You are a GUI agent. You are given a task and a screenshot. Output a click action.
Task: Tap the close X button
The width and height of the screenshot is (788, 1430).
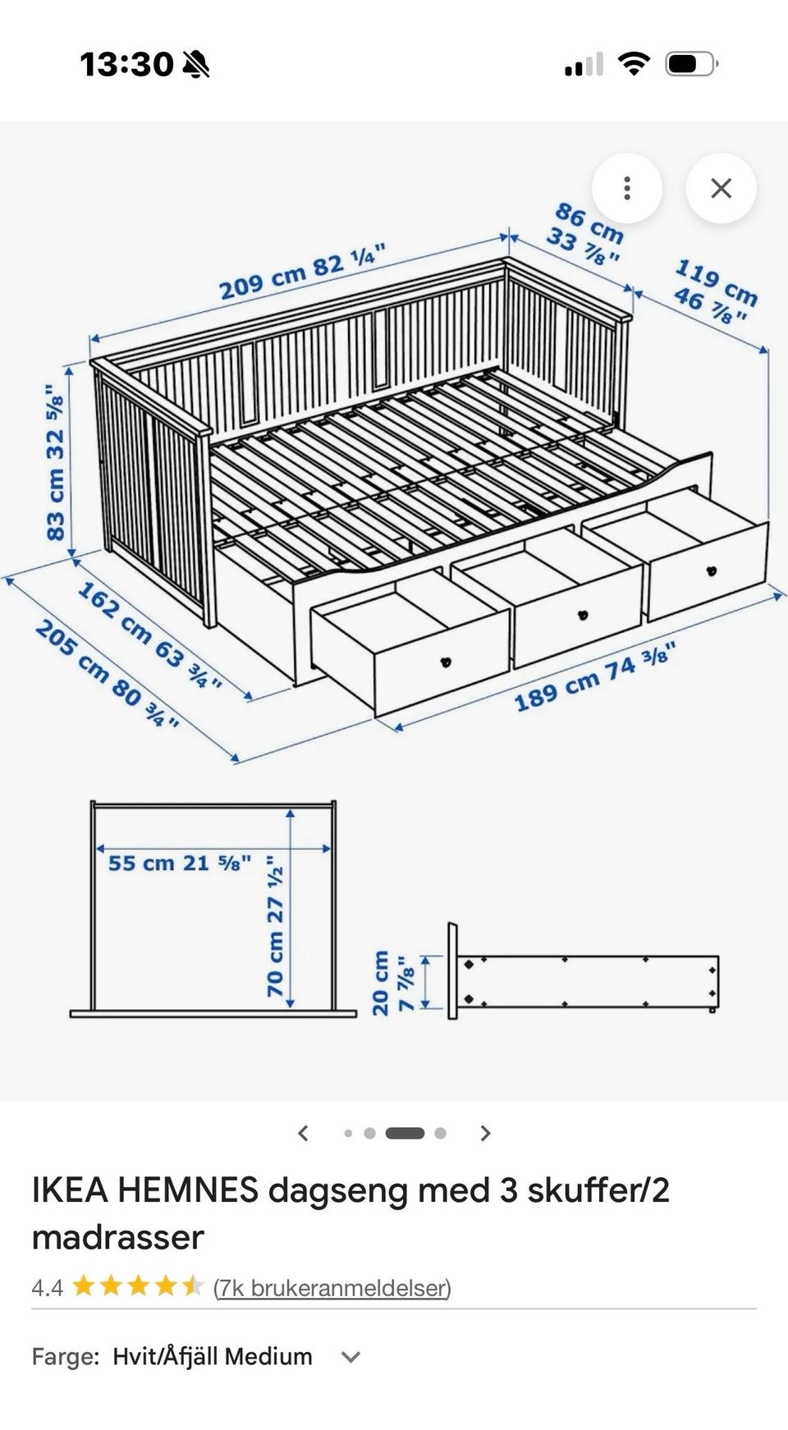[x=721, y=189]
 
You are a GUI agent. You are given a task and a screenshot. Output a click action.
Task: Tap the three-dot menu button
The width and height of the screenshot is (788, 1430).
[x=627, y=189]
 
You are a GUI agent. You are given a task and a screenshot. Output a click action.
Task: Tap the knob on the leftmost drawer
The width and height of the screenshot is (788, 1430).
[x=447, y=662]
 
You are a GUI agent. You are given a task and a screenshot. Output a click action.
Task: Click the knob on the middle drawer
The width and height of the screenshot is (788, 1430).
[x=583, y=615]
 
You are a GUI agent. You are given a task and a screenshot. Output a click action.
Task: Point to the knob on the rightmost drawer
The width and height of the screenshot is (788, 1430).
[x=711, y=571]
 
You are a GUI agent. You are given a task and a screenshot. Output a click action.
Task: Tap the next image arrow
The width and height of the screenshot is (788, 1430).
[x=485, y=1134]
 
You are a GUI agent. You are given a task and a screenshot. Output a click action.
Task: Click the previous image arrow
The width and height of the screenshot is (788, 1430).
[x=303, y=1134]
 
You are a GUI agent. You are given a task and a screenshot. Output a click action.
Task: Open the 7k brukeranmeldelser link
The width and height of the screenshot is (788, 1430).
[x=332, y=1287]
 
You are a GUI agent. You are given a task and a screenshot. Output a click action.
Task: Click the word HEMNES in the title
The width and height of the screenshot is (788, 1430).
[x=188, y=1189]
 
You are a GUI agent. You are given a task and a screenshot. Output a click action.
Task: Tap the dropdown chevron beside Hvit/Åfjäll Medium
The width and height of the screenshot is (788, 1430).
[x=351, y=1357]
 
